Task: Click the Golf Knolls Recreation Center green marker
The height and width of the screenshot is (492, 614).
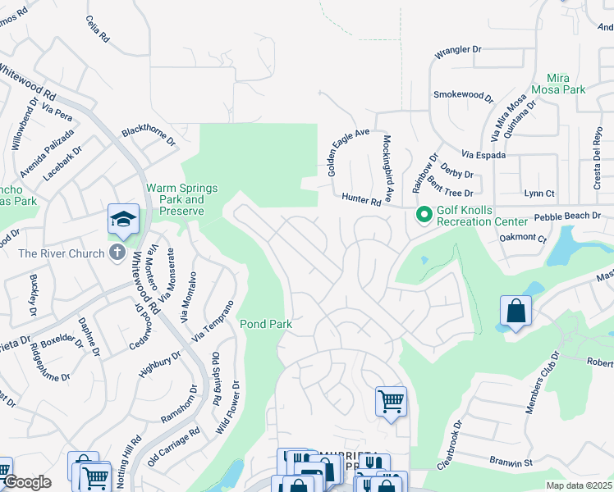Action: (424, 216)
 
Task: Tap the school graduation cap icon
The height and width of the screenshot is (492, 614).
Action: (122, 219)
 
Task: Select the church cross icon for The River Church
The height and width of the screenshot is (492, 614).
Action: (117, 253)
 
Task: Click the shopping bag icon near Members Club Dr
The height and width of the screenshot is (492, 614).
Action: (515, 311)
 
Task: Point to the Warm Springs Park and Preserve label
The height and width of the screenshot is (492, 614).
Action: (182, 199)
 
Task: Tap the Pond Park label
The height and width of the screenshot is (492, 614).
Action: (266, 324)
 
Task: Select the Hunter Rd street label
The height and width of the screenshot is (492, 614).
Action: (362, 200)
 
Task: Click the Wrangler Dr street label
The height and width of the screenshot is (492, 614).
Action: (458, 50)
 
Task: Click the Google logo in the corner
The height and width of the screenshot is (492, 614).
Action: (26, 482)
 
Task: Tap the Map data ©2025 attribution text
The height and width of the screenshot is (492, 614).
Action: (580, 485)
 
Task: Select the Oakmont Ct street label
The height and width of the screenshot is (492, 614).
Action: (523, 239)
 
